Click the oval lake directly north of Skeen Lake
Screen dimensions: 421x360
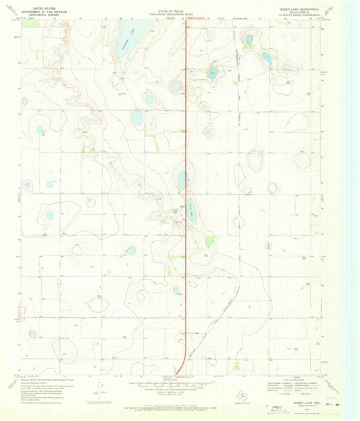[183, 180]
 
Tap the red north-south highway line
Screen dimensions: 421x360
[186, 135]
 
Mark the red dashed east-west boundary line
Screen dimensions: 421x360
[101, 316]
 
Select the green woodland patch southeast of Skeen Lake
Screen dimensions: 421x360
[209, 241]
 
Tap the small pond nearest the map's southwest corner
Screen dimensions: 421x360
[32, 333]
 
